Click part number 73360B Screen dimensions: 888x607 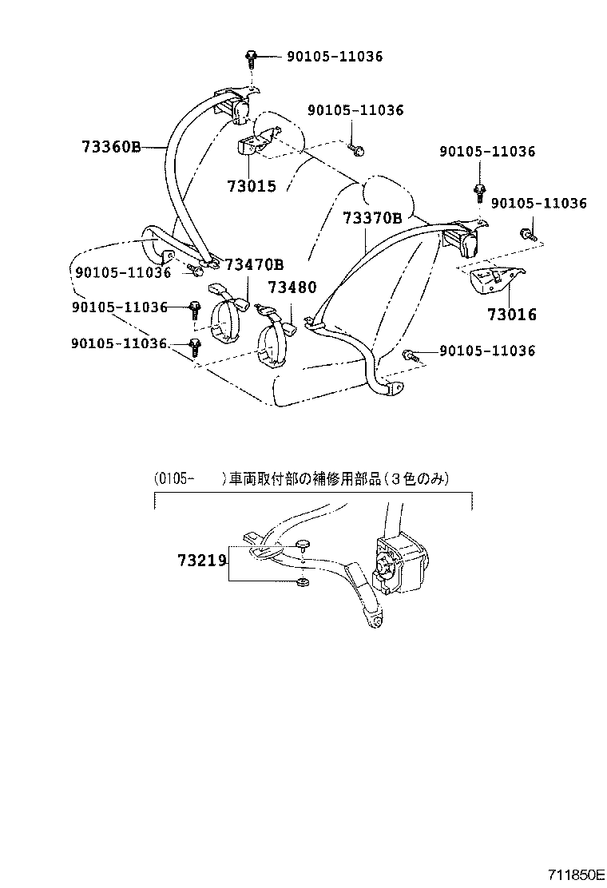110,147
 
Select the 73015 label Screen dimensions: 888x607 251,186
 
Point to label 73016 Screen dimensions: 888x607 512,315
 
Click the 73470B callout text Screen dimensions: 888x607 254,265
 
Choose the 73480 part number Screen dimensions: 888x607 292,287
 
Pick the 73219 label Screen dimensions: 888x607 203,561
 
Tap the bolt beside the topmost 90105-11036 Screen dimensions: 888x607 251,57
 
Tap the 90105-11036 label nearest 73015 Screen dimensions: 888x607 353,110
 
